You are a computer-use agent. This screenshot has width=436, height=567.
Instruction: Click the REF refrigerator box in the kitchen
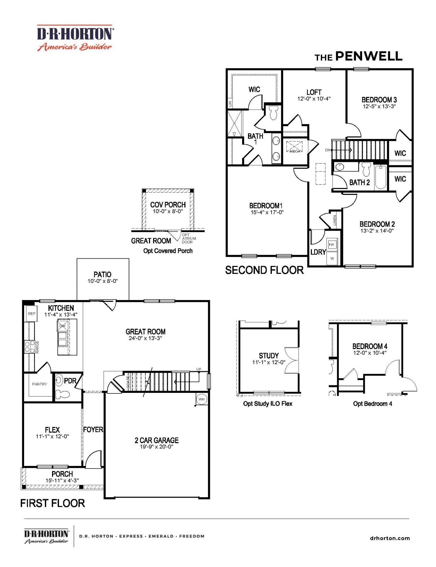click(x=32, y=313)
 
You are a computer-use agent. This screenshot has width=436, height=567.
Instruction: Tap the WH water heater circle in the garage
click(x=202, y=399)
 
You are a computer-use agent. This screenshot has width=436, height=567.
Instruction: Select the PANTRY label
click(x=40, y=384)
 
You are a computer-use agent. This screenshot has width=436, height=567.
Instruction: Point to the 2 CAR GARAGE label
click(x=157, y=440)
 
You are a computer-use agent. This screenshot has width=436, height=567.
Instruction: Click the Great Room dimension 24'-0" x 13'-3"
click(x=145, y=338)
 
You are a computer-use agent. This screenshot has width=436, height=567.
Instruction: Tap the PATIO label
click(x=102, y=274)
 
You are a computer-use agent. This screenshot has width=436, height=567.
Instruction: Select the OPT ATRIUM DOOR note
click(x=189, y=238)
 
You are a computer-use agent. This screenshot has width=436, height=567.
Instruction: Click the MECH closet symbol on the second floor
click(x=294, y=146)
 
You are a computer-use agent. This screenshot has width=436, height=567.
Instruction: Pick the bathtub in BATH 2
click(x=381, y=177)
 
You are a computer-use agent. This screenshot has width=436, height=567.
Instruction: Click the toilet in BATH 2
click(x=366, y=169)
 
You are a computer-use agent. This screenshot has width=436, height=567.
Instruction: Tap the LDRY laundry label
click(x=318, y=252)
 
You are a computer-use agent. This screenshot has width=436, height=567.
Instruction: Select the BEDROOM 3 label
click(x=379, y=100)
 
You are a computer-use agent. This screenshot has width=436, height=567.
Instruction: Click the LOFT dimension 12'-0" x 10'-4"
click(x=314, y=99)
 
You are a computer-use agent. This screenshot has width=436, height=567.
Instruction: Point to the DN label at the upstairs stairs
click(x=328, y=150)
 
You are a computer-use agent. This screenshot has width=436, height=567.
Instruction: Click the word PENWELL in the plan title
click(x=369, y=56)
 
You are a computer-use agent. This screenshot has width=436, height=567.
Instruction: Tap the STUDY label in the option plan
click(x=269, y=355)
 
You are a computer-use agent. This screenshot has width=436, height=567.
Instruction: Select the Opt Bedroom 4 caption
click(x=373, y=404)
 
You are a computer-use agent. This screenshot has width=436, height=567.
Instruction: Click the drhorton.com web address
click(x=390, y=538)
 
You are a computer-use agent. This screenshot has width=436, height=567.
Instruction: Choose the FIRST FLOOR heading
click(x=53, y=503)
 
